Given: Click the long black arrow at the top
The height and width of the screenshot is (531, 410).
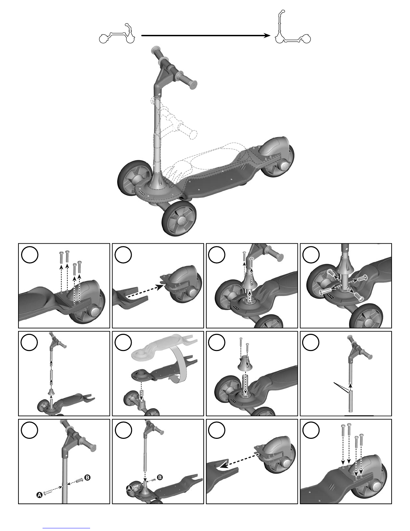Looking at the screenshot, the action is click(206, 36).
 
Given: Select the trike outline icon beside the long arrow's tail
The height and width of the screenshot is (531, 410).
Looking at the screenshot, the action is click(117, 34).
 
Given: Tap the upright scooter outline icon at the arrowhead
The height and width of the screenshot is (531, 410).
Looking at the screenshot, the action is click(292, 27).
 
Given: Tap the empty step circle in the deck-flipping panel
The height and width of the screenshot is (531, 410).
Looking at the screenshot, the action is click(123, 343).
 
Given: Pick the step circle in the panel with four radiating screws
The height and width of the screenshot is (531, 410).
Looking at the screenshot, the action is click(311, 255).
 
